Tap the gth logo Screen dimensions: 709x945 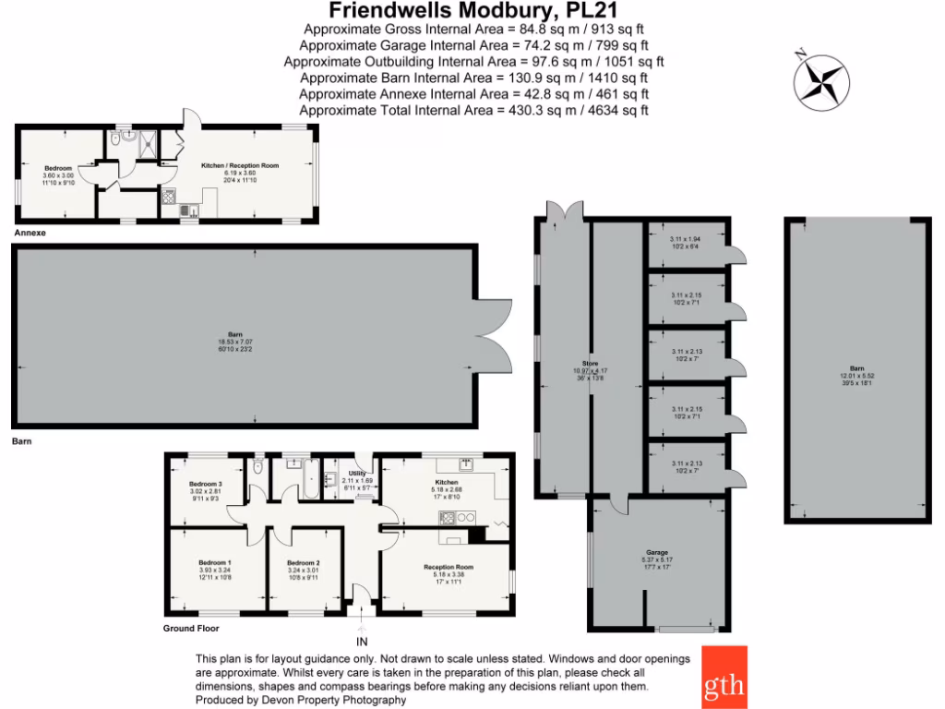[x=724, y=678]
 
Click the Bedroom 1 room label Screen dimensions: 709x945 [x=215, y=562]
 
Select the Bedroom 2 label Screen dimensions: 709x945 [x=303, y=562]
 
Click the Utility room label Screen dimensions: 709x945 [x=357, y=473]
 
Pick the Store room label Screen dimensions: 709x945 [x=591, y=364]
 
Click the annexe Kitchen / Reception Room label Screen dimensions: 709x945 [x=240, y=165]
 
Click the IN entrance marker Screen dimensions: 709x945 [x=361, y=642]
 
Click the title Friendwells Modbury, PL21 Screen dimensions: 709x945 [x=473, y=11]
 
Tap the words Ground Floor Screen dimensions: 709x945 [x=193, y=628]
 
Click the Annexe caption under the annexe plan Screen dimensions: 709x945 [x=30, y=234]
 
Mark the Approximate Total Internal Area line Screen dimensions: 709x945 [x=473, y=110]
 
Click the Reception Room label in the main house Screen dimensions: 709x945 [x=449, y=567]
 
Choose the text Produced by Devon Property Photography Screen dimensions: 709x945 [x=301, y=701]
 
